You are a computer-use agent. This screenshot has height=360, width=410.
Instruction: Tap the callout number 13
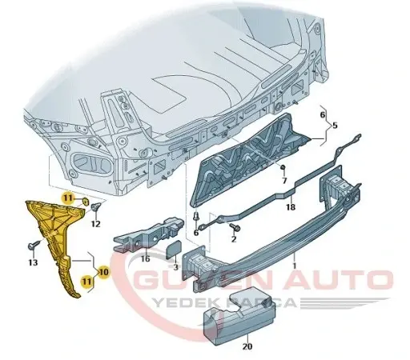pyautogui.click(x=33, y=262)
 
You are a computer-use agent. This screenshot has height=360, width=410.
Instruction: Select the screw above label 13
pyautogui.click(x=34, y=245)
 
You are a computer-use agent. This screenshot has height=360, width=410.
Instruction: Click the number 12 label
pyautogui.click(x=95, y=224)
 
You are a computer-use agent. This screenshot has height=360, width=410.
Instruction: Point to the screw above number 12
pyautogui.click(x=97, y=208)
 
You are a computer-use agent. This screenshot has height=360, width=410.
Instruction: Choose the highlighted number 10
pyautogui.click(x=102, y=272)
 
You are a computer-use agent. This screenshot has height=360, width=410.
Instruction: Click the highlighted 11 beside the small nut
pyautogui.click(x=69, y=197)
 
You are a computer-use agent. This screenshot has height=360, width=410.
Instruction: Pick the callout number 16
pyautogui.click(x=145, y=258)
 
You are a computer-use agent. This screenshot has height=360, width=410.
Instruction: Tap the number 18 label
pyautogui.click(x=291, y=207)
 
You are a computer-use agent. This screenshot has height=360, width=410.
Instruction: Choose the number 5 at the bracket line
pyautogui.click(x=336, y=126)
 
